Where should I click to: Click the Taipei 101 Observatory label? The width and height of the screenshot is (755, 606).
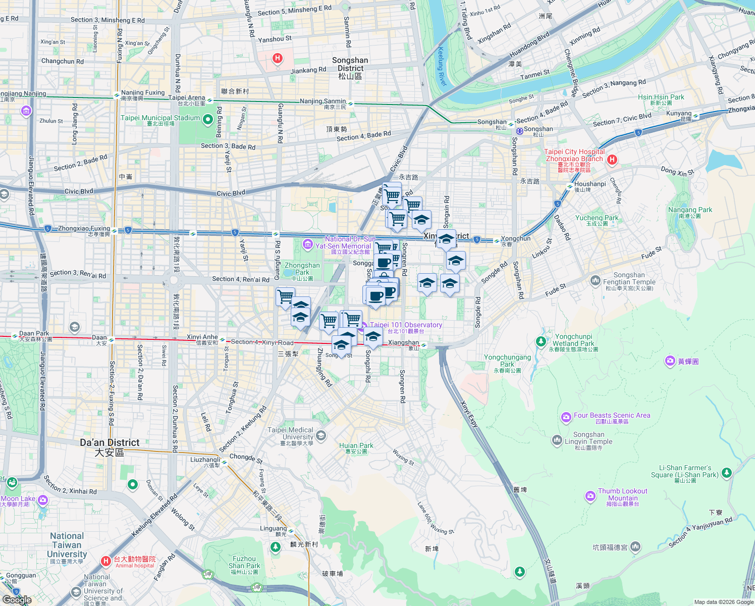coord(406,325)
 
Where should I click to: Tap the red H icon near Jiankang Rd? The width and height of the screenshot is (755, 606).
coord(277,58)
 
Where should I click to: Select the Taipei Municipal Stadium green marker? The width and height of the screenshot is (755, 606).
coord(208,120)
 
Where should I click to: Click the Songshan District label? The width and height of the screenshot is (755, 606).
coord(350,64)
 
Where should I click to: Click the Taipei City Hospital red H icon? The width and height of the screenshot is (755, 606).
coord(612,160)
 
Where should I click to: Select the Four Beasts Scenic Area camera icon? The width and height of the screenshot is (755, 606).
coord(566,417)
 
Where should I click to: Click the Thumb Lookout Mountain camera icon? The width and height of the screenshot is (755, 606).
coord(590,496)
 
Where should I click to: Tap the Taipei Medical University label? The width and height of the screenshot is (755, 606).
coord(290,433)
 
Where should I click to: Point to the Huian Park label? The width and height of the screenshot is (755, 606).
coord(356,446)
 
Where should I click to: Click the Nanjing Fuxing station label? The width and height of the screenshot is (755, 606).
coord(143,93)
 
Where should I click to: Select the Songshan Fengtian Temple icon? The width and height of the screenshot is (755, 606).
coord(595,280)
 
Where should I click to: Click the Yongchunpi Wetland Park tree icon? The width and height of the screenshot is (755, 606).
coord(541,342)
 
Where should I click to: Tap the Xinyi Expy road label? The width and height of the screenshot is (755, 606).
coord(469,414)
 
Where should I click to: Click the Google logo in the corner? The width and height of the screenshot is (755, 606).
coord(17,599)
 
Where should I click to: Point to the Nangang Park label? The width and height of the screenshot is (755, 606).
coord(690,210)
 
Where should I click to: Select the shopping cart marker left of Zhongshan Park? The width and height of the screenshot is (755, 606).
coord(285,296)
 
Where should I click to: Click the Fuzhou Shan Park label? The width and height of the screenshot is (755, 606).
coord(244,563)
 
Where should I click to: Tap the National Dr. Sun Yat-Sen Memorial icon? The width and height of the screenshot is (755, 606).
coord(307,245)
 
